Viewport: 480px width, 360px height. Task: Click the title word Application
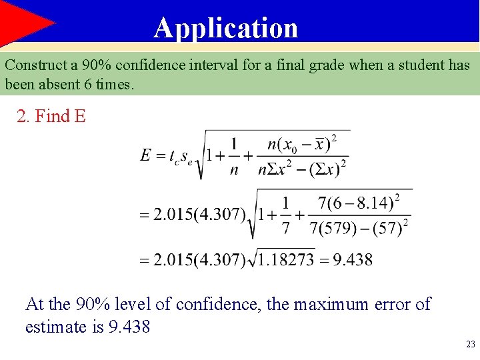[x=226, y=28]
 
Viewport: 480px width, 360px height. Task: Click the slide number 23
[x=470, y=345]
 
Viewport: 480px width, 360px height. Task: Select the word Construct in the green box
[x=34, y=65]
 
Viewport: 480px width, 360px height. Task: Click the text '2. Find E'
[x=51, y=117]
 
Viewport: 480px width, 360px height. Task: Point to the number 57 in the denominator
[x=389, y=229]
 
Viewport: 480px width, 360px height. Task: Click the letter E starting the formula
[x=146, y=155]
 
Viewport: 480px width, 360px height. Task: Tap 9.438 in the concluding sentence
[x=129, y=327]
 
